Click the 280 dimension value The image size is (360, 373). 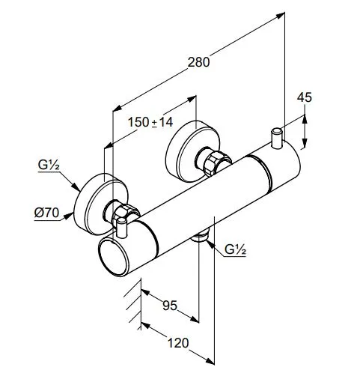click(198, 62)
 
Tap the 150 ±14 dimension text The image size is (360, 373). click(150, 122)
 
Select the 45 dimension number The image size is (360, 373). click(305, 97)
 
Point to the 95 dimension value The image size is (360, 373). click(170, 306)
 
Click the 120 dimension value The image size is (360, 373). click(178, 343)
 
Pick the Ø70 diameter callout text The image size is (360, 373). click(46, 213)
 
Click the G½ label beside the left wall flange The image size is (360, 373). click(49, 166)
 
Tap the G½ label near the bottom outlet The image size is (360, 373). click(235, 249)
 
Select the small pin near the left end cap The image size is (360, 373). click(122, 228)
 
